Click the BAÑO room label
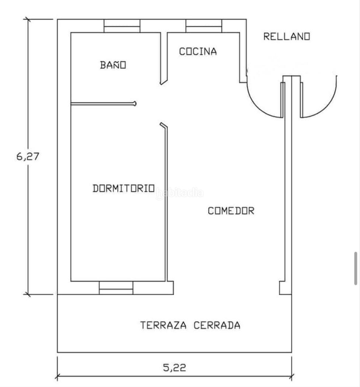pyautogui.click(x=113, y=64)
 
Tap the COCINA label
pyautogui.click(x=198, y=51)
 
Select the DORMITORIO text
pyautogui.click(x=123, y=188)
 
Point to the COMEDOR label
pyautogui.click(x=231, y=210)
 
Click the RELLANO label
pyautogui.click(x=286, y=36)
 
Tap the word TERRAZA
pyautogui.click(x=163, y=325)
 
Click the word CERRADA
pyautogui.click(x=217, y=325)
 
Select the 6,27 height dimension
pyautogui.click(x=28, y=157)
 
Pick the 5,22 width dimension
pyautogui.click(x=174, y=368)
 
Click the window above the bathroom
pyautogui.click(x=122, y=26)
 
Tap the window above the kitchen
pyautogui.click(x=204, y=26)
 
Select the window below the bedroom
pyautogui.click(x=116, y=288)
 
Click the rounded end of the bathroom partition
pyautogui.click(x=135, y=104)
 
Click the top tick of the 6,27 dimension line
pyautogui.click(x=27, y=19)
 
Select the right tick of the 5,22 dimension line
pyautogui.click(x=292, y=377)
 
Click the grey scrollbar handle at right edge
pyautogui.click(x=356, y=269)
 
